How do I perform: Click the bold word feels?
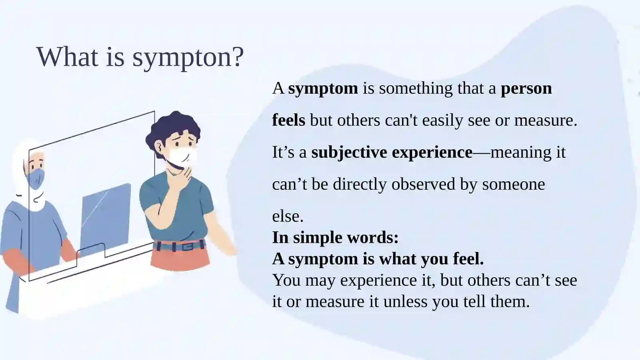[x=288, y=120]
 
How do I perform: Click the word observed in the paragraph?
[x=423, y=184]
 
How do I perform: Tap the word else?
[x=288, y=216]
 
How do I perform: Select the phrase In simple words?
[x=335, y=238]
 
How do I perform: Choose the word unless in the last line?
[x=406, y=302]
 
